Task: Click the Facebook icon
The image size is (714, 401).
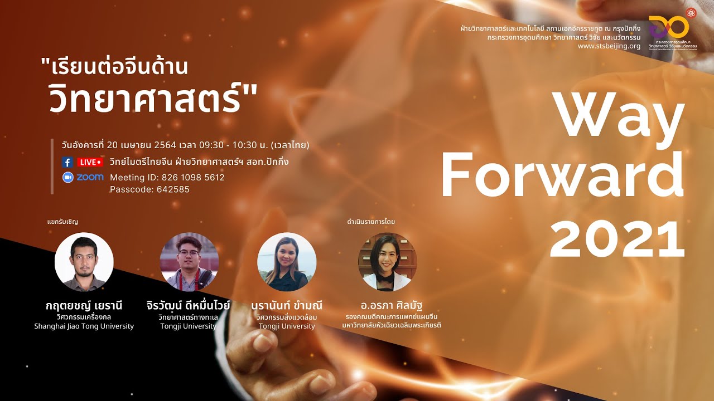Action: pyautogui.click(x=67, y=162)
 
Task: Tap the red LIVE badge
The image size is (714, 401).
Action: pyautogui.click(x=90, y=162)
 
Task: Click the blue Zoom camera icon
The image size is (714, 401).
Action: pyautogui.click(x=67, y=177)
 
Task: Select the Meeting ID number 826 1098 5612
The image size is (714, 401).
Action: pyautogui.click(x=193, y=177)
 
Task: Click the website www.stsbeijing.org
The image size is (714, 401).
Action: pyautogui.click(x=609, y=46)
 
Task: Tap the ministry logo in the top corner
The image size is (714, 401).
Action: pyautogui.click(x=675, y=28)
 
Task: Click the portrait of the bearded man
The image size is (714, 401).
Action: pyautogui.click(x=84, y=262)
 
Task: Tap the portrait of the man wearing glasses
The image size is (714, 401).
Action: pyautogui.click(x=189, y=262)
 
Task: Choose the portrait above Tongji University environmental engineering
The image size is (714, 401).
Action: pyautogui.click(x=287, y=262)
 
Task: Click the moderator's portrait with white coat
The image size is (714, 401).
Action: pyautogui.click(x=387, y=262)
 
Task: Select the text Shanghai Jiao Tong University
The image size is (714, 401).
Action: pyautogui.click(x=84, y=326)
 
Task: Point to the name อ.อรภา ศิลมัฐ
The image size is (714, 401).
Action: pyautogui.click(x=393, y=306)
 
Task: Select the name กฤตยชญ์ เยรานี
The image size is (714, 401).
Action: pyautogui.click(x=84, y=306)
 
